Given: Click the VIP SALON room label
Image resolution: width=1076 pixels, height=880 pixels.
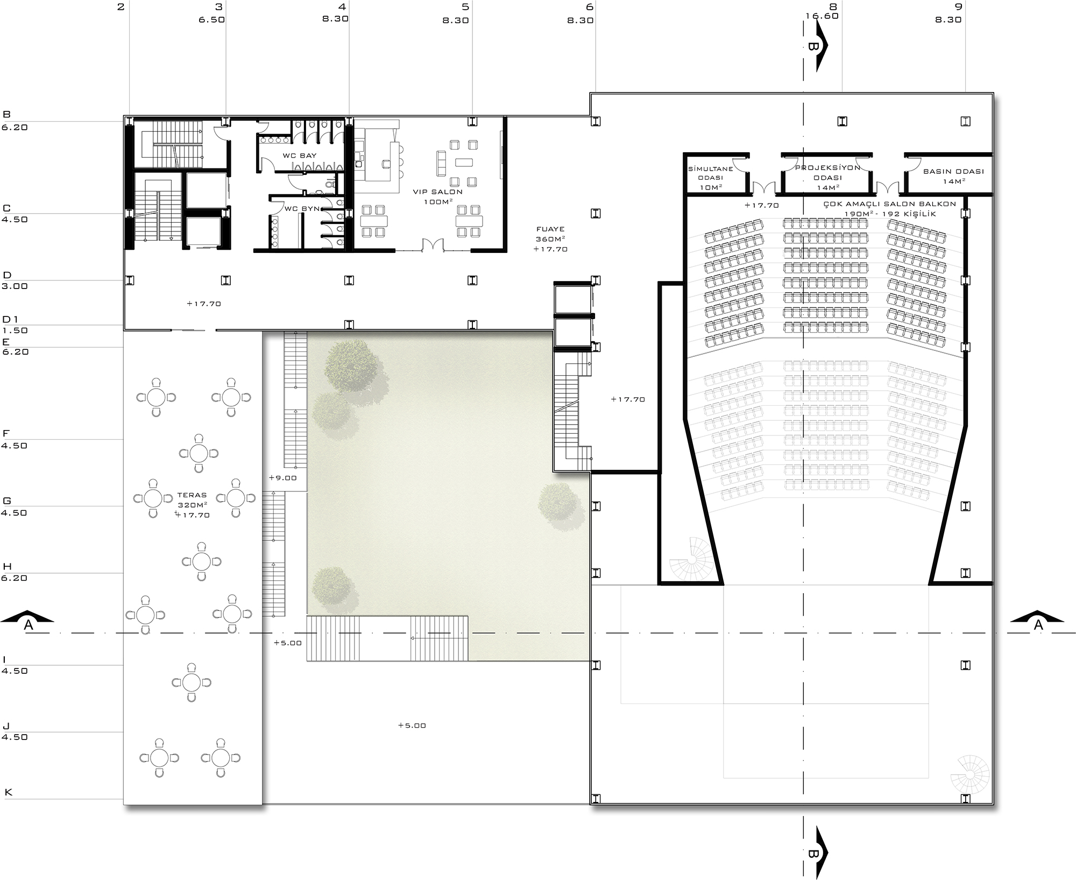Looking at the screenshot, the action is point(437,192).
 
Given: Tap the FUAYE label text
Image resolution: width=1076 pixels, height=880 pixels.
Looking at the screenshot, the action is point(550,229).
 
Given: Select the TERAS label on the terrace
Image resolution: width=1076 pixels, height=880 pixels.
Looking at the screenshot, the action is point(192,495).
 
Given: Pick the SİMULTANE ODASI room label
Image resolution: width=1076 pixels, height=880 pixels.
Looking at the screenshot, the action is point(711,173).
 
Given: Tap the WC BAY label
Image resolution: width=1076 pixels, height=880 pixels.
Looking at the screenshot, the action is point(300,156).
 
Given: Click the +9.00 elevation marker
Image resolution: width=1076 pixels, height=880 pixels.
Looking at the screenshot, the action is point(283,478).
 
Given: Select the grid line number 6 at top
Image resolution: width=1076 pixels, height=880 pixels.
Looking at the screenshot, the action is point(590,6).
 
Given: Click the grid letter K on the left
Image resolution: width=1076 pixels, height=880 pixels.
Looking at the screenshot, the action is point(8,792).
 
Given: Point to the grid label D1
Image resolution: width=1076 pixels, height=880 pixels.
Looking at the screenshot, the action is point(11,320).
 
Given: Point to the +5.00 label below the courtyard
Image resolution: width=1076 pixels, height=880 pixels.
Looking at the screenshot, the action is point(412,726).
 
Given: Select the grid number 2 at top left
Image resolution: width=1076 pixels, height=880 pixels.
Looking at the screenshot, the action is point(121,6).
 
